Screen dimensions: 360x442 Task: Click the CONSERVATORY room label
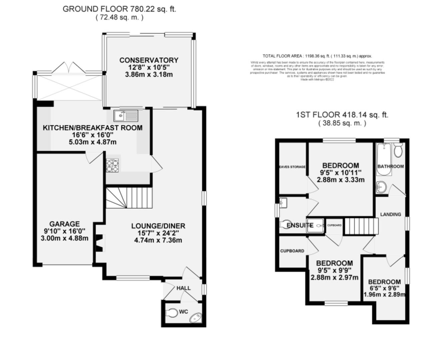pyautogui.click(x=149, y=60)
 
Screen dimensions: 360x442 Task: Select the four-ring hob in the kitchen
pyautogui.click(x=112, y=166)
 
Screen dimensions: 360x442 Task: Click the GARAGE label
pyautogui.click(x=64, y=224)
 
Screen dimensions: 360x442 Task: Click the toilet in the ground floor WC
pyautogui.click(x=172, y=313)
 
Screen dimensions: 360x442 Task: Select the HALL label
pyautogui.click(x=183, y=288)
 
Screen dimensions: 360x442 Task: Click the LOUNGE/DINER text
pyautogui.click(x=158, y=226)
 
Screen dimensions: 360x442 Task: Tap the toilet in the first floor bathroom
pyautogui.click(x=398, y=150)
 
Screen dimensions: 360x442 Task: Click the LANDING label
pyautogui.click(x=390, y=214)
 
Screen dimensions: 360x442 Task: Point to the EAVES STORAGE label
pyautogui.click(x=292, y=167)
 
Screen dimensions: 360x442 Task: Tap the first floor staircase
pyautogui.click(x=360, y=226)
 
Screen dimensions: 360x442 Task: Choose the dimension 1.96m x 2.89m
pyautogui.click(x=384, y=295)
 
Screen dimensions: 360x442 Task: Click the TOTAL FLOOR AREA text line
pyautogui.click(x=317, y=56)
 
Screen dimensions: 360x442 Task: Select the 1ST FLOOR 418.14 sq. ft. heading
pyautogui.click(x=342, y=115)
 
